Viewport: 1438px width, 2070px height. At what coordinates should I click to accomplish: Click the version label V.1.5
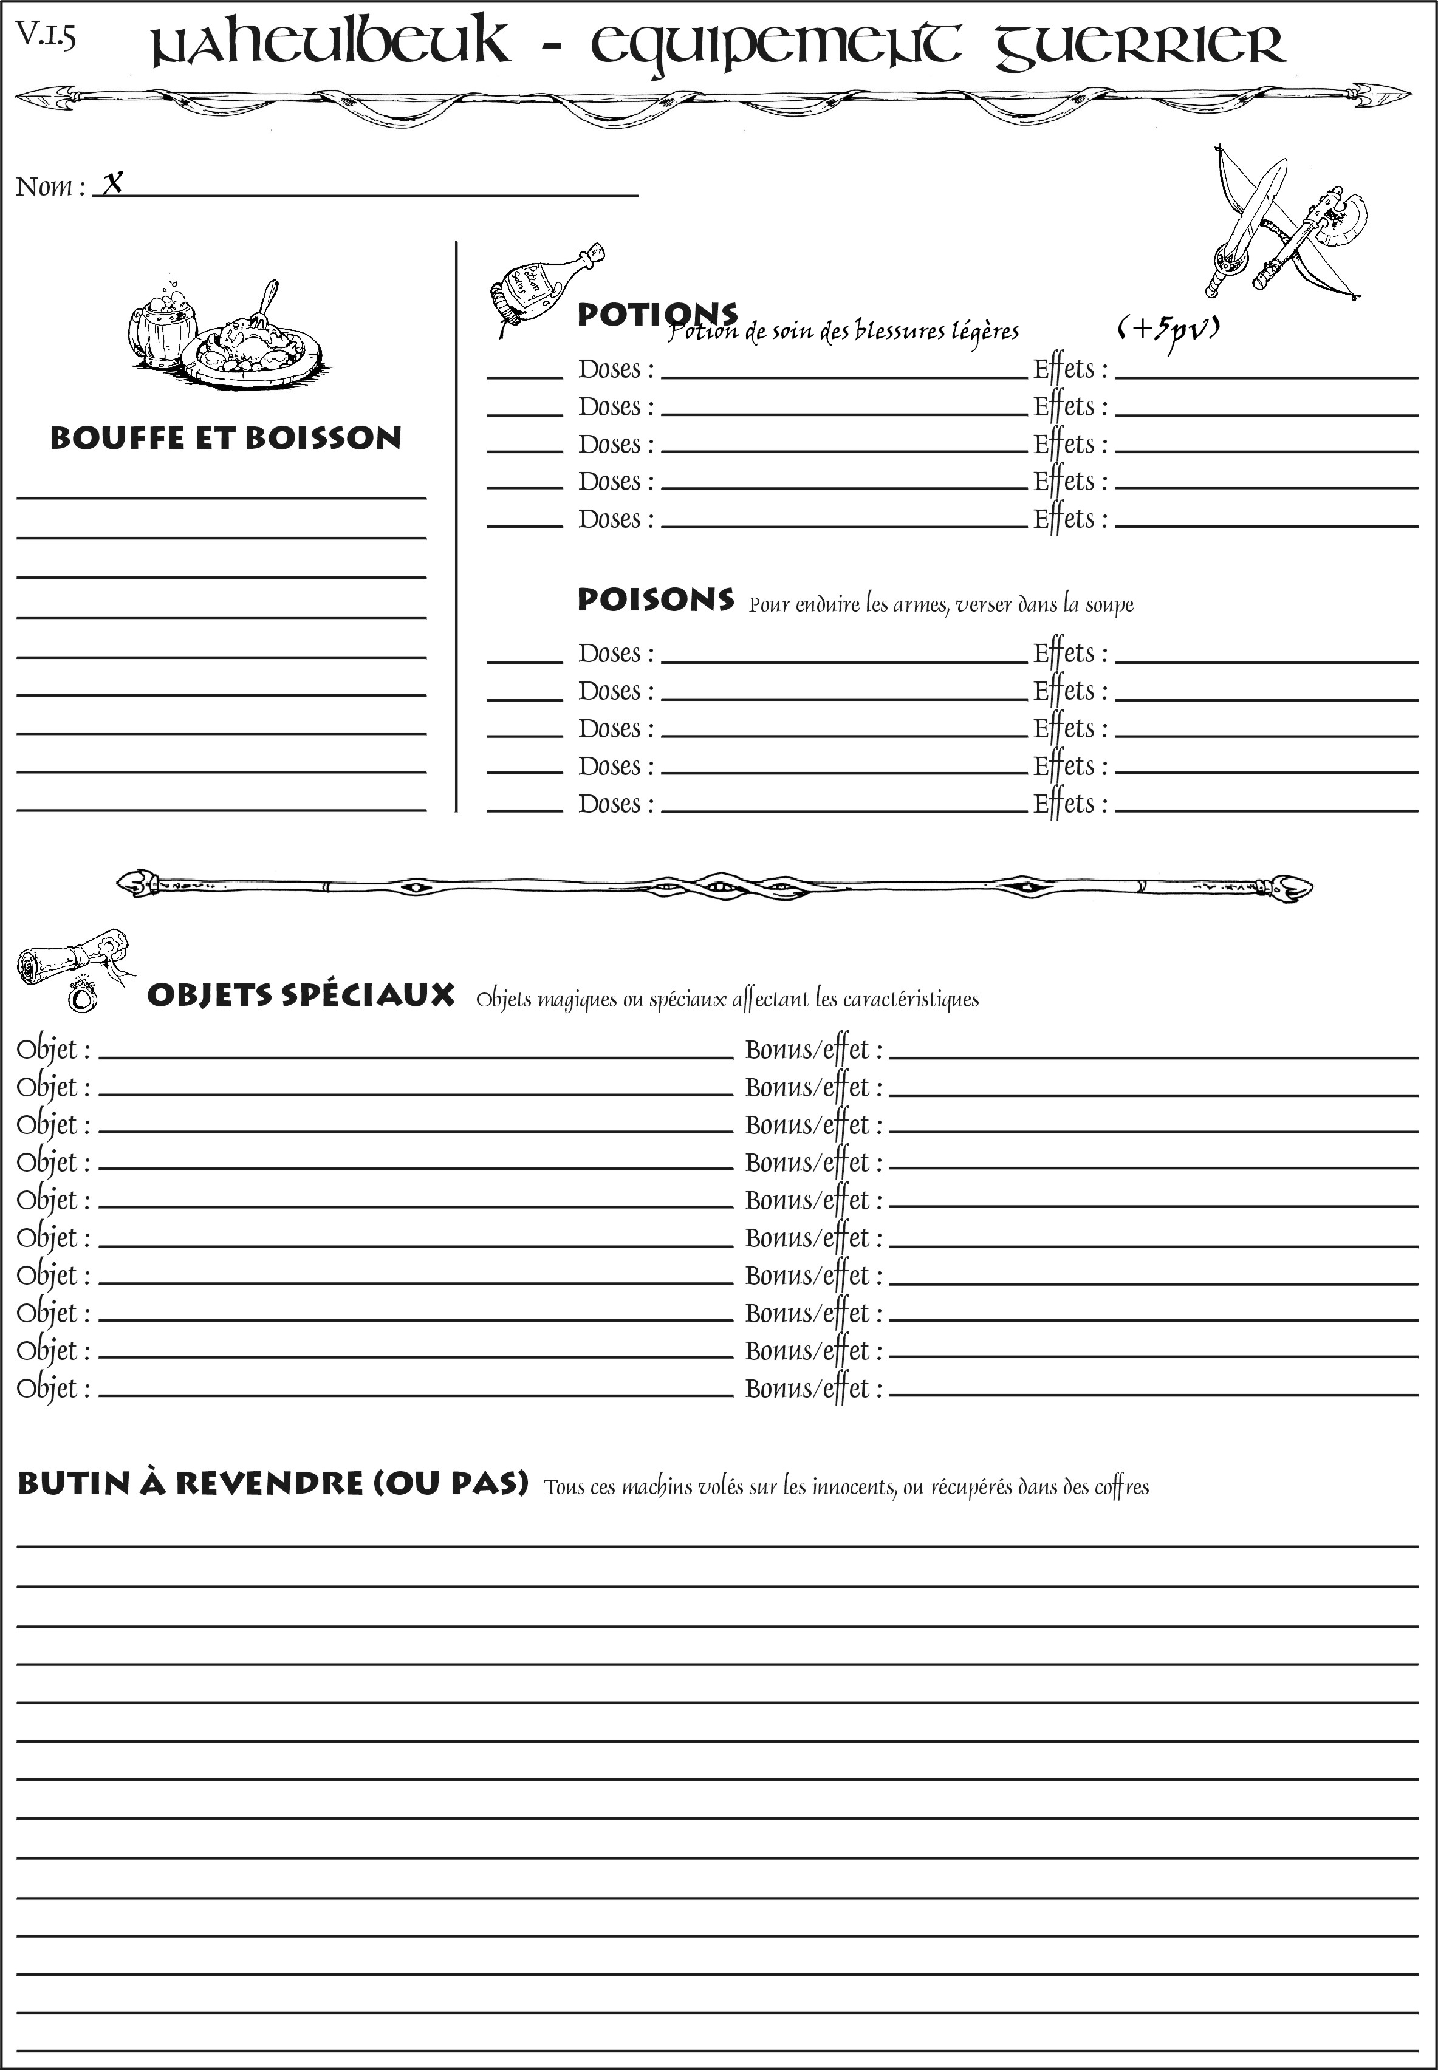pyautogui.click(x=45, y=35)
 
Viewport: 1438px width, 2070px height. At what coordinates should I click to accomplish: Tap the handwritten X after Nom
pyautogui.click(x=112, y=184)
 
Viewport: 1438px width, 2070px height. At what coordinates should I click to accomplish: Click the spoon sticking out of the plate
pyautogui.click(x=267, y=302)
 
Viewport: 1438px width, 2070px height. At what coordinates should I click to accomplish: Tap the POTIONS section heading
pyautogui.click(x=656, y=315)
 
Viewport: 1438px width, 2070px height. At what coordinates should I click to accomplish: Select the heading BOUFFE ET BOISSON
pyautogui.click(x=225, y=439)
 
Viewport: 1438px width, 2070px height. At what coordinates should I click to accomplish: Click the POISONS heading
pyautogui.click(x=655, y=600)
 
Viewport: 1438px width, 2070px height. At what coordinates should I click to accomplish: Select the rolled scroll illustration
pyautogui.click(x=67, y=955)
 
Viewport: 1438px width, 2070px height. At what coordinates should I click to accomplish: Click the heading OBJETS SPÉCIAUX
pyautogui.click(x=300, y=996)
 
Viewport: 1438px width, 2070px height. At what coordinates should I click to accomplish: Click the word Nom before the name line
pyautogui.click(x=44, y=186)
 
